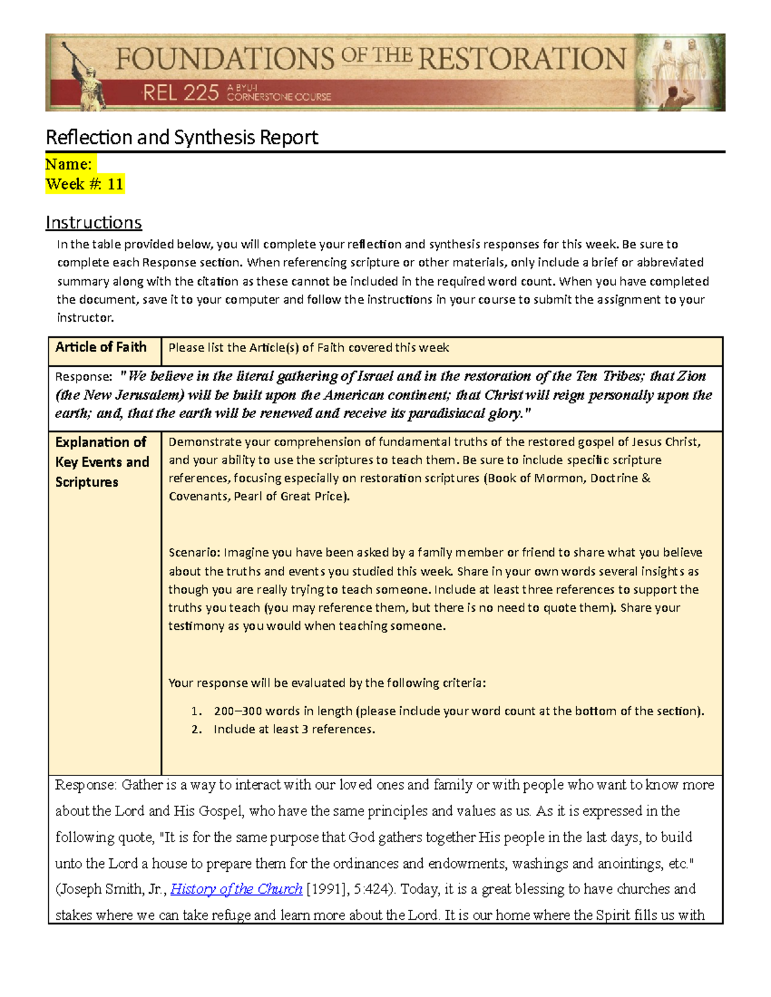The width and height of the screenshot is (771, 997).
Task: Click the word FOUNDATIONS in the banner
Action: (225, 60)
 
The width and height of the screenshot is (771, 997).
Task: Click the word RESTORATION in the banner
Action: (522, 59)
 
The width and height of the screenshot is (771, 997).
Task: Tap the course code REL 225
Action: (181, 94)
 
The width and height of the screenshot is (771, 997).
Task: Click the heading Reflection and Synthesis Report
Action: (182, 137)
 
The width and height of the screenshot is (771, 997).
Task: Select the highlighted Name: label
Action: (69, 164)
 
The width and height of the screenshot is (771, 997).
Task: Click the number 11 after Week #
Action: (115, 185)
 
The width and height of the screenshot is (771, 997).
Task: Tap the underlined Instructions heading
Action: (94, 223)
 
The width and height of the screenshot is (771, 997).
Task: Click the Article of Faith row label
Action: (101, 347)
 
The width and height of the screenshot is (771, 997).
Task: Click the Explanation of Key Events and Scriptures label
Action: (102, 462)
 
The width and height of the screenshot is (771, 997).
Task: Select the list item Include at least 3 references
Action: (294, 729)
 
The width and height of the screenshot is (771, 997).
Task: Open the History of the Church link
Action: (236, 889)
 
